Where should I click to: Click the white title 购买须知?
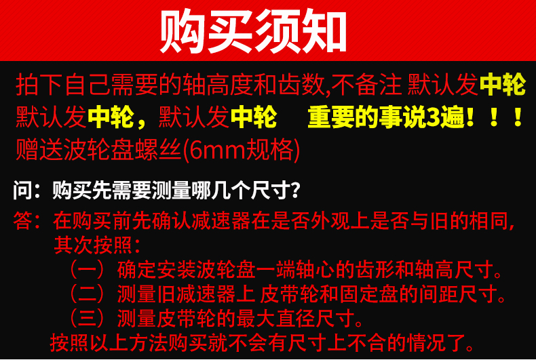pos(253,31)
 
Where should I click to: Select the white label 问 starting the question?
pos(23,190)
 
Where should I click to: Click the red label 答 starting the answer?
pos(23,221)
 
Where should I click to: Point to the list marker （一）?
pos(92,270)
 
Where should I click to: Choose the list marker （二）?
pos(92,294)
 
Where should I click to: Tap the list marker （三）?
pos(92,318)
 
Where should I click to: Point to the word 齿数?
pos(302,85)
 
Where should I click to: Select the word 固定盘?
pos(369,294)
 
